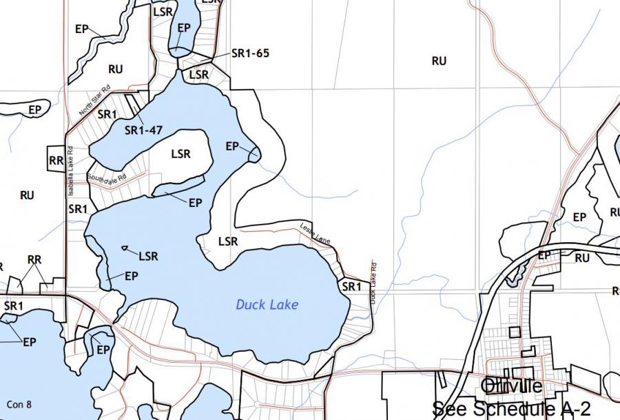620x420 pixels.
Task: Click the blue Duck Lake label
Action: [267, 304]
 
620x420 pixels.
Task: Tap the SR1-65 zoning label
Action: [250, 53]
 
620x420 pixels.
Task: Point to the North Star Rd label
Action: [94, 100]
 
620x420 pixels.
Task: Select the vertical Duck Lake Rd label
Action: [373, 283]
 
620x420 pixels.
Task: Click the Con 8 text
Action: [19, 404]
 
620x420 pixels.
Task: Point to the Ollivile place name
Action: [513, 386]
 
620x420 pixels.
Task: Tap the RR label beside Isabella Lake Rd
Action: [56, 161]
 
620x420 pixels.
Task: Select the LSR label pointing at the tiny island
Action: [148, 257]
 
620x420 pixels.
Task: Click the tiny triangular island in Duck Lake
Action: [125, 248]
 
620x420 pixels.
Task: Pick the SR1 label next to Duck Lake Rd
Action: [351, 286]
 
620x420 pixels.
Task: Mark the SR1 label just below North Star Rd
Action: [107, 114]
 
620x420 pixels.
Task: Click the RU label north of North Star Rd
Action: [115, 69]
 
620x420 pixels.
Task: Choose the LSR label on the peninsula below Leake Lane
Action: [228, 241]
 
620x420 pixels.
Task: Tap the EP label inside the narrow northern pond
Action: [184, 28]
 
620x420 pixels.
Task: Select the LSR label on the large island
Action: [180, 154]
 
